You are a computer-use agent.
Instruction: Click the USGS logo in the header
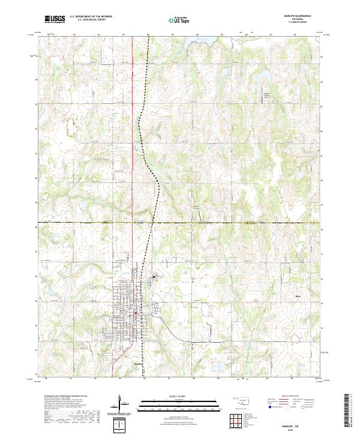(x=54, y=19)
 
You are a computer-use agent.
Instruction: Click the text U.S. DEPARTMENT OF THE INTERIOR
(x=95, y=17)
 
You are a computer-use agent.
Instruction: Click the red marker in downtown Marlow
(x=136, y=313)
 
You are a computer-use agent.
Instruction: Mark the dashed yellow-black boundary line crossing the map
(x=240, y=223)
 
